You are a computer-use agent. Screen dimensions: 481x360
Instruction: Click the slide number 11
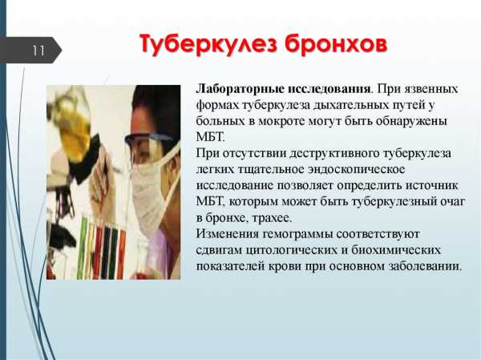38,51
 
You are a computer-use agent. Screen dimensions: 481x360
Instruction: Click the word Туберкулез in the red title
208,44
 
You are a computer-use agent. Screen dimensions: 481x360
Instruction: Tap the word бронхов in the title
336,44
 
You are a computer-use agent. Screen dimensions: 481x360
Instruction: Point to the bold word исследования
329,89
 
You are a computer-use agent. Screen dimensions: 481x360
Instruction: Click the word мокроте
282,121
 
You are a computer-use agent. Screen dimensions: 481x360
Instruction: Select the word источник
432,186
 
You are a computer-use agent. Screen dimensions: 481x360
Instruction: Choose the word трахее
271,218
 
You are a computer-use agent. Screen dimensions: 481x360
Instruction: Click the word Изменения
227,234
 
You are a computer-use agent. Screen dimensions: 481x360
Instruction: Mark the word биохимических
396,250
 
